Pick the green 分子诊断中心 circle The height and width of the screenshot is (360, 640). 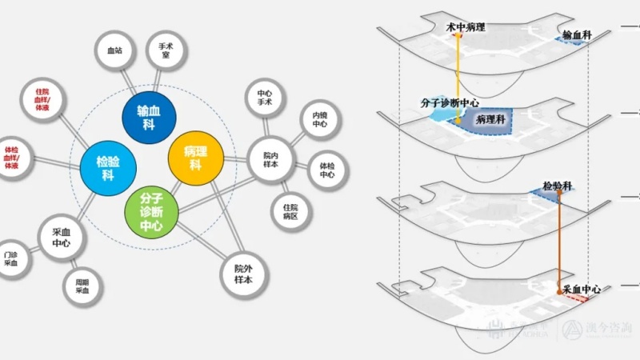[152, 212]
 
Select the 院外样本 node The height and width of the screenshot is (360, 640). [243, 274]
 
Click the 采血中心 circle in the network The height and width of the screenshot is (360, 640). [62, 237]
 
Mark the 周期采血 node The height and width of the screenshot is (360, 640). [82, 286]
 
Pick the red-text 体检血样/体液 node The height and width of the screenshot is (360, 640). [12, 156]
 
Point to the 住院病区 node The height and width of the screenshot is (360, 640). [290, 211]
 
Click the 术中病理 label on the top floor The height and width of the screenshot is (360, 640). [466, 27]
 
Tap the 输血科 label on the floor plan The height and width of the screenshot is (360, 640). [577, 35]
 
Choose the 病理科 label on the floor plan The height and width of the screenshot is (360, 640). [488, 119]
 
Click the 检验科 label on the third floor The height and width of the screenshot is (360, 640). [557, 186]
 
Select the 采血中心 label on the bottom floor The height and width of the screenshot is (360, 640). [582, 287]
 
